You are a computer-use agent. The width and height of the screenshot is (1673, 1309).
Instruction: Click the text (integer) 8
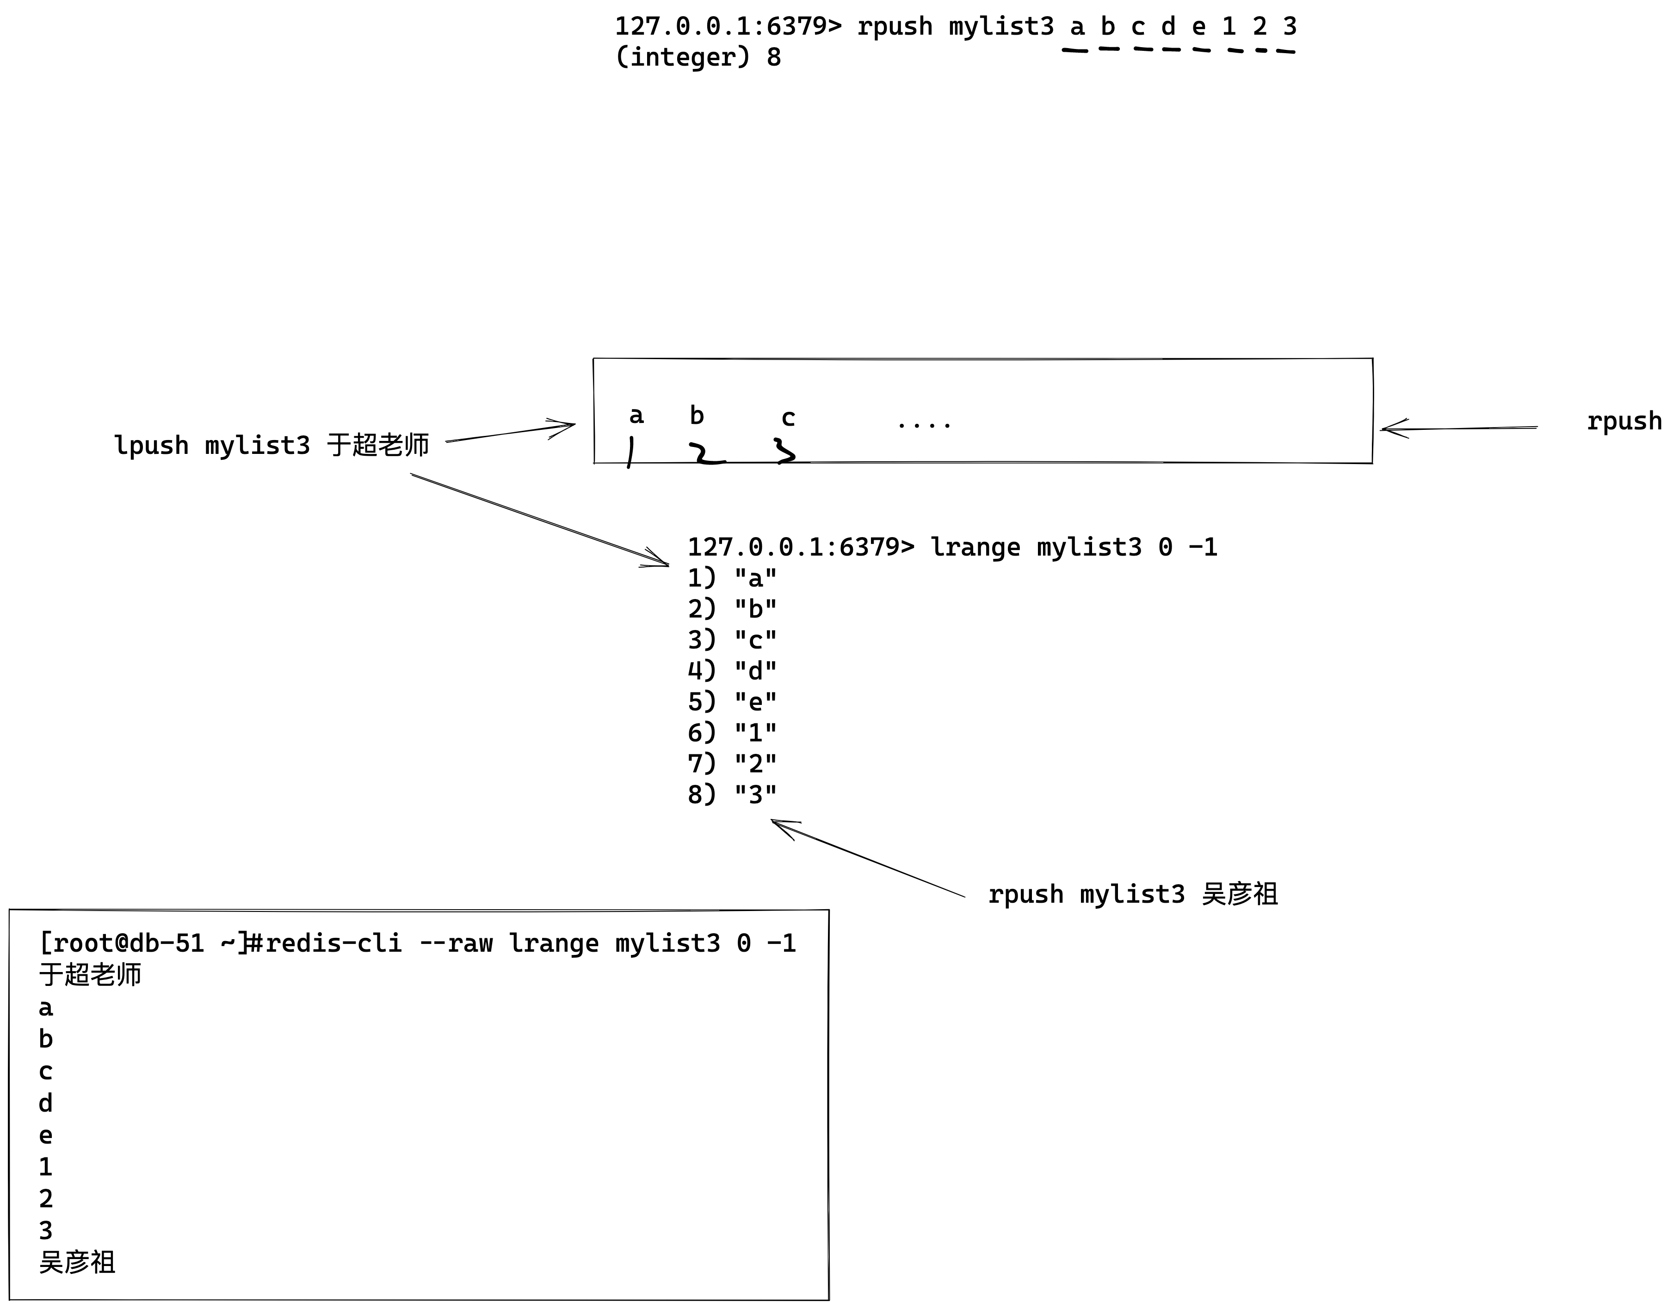pyautogui.click(x=698, y=57)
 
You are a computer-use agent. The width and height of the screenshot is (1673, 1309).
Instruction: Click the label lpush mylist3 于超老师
pyautogui.click(x=272, y=445)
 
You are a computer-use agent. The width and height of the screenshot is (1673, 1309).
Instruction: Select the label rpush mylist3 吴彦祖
pyautogui.click(x=1132, y=894)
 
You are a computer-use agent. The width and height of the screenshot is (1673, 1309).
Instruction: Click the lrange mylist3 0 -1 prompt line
pyautogui.click(x=951, y=547)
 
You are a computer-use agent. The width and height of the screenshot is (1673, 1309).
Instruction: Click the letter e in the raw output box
pyautogui.click(x=46, y=1135)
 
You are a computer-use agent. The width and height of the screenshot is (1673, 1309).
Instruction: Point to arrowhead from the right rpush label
pyautogui.click(x=1386, y=429)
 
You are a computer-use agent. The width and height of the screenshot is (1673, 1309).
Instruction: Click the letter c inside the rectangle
pyautogui.click(x=787, y=418)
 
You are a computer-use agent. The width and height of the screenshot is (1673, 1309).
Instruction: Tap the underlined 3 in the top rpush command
pyautogui.click(x=1290, y=27)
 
